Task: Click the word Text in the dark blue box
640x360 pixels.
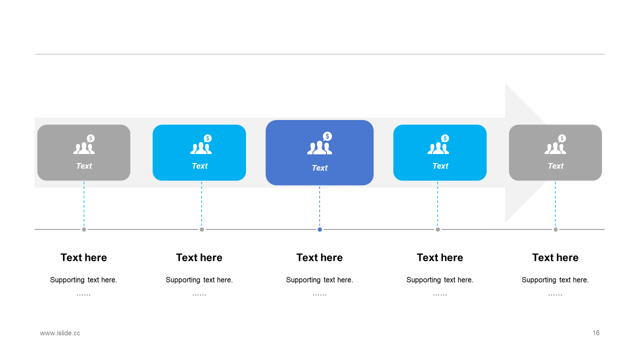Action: pos(319,168)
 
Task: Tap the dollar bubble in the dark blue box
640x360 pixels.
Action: pos(327,136)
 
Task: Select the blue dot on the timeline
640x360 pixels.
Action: pos(319,229)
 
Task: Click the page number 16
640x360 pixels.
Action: pos(595,333)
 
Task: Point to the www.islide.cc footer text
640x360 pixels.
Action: pos(60,333)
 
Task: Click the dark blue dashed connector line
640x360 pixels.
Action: pos(319,206)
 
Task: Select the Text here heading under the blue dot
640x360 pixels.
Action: pos(319,257)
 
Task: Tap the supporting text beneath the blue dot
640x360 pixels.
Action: pos(319,280)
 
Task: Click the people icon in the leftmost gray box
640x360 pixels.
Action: pos(84,144)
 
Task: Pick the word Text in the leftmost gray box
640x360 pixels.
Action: pos(84,166)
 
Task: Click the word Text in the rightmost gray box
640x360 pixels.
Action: pos(555,166)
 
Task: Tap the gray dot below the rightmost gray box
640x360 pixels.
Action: pos(555,229)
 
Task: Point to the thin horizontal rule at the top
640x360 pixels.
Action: pos(319,54)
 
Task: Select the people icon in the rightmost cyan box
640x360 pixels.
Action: pos(438,144)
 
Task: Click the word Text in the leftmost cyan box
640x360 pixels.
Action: pos(199,166)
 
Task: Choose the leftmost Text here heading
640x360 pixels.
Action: pos(83,257)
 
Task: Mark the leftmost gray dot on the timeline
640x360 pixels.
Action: pos(84,229)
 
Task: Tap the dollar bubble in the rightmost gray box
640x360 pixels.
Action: pos(562,138)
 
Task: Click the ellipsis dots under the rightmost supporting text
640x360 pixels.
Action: pos(555,294)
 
